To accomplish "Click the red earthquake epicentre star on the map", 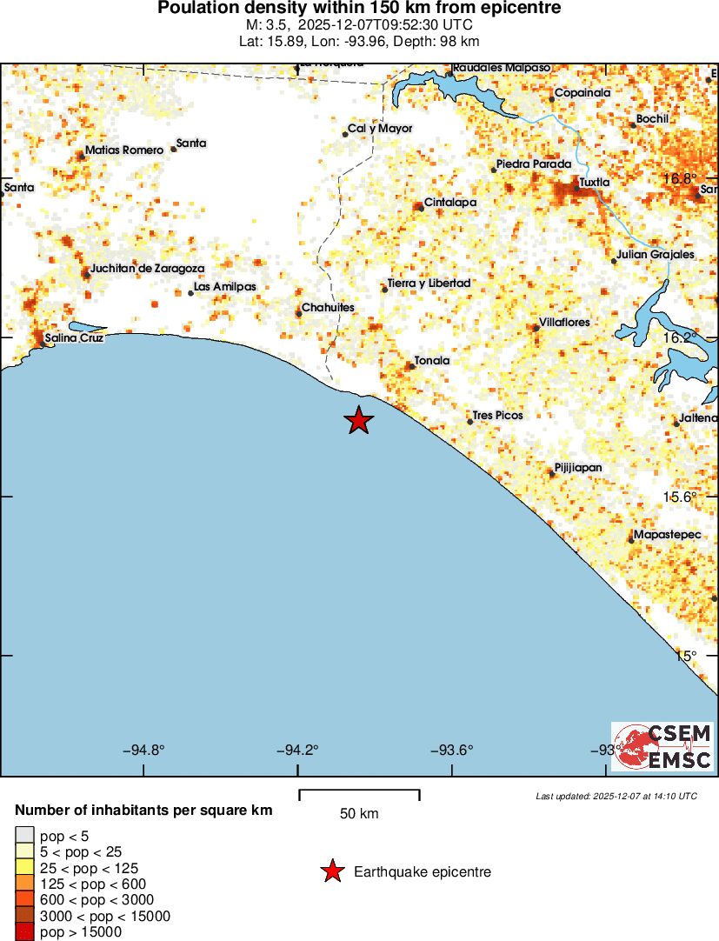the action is coord(358,420).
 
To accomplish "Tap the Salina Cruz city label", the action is coord(74,337).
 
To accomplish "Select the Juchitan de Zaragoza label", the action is coord(147,268).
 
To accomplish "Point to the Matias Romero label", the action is coord(123,150).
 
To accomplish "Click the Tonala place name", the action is coord(431,360).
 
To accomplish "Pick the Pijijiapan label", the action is coord(578,468).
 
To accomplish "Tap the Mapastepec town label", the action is coord(667,534).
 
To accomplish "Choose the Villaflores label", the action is coord(564,322).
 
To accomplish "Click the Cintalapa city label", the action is coord(449,203).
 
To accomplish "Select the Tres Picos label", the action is coord(497,416).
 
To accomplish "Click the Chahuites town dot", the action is coord(299,313).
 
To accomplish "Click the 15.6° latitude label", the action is coord(680,497).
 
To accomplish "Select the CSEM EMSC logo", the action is coord(662,747).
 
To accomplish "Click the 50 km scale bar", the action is coord(359,794).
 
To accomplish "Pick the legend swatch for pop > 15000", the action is coord(25,932).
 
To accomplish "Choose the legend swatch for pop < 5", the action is coord(25,836).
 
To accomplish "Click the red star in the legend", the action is coord(331,871).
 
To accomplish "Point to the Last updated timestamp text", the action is coord(616,796).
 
